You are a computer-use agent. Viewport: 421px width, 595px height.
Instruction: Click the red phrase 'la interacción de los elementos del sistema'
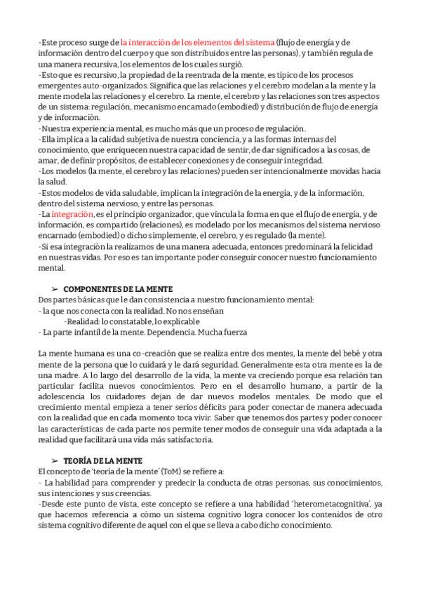[x=198, y=42]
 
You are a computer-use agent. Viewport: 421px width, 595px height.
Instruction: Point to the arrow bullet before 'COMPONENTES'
[x=54, y=289]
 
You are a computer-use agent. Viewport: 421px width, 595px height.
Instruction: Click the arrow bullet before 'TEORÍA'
[x=54, y=459]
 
